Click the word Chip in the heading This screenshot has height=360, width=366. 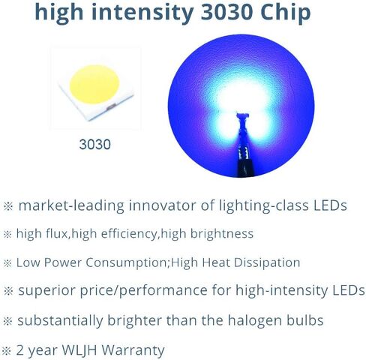click(285, 13)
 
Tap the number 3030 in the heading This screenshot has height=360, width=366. click(227, 12)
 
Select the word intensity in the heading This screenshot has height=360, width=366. click(142, 13)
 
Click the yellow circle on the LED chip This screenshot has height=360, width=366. click(94, 84)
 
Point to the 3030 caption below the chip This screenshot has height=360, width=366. click(94, 145)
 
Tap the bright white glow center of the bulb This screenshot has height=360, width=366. click(242, 100)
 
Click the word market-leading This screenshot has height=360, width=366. click(71, 206)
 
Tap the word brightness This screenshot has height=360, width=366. click(222, 234)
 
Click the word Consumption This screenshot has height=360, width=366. click(126, 263)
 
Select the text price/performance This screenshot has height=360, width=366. click(143, 291)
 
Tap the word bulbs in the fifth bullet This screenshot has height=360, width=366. click(304, 320)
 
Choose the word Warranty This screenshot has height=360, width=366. click(133, 350)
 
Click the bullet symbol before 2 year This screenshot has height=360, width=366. click(7, 350)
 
